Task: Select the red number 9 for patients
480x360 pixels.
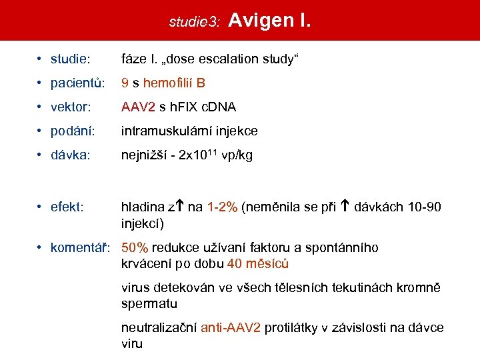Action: [x=125, y=83]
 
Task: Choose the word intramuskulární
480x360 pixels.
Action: [x=170, y=131]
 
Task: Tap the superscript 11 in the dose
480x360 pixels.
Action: [x=207, y=151]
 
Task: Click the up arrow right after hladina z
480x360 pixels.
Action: [x=181, y=207]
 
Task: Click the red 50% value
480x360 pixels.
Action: [x=135, y=248]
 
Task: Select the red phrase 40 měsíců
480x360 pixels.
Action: [x=258, y=263]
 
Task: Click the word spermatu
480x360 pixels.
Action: [x=149, y=303]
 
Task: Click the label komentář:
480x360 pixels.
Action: [x=82, y=248]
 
